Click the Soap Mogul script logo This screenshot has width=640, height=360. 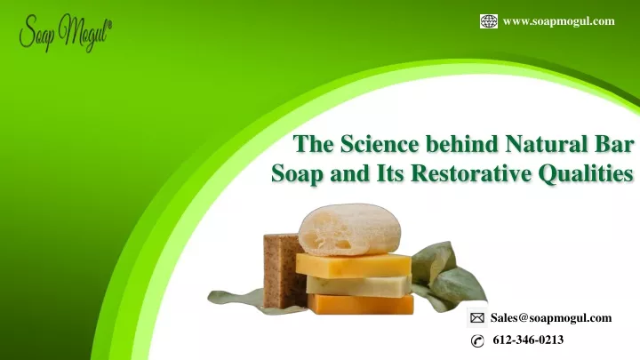(65, 33)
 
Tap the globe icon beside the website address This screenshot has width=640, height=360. (489, 21)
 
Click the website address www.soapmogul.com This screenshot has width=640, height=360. (559, 21)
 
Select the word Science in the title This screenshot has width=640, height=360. (380, 144)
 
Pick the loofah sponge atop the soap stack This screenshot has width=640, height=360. (349, 229)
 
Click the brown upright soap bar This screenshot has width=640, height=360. (283, 270)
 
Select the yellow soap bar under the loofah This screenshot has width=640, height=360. (354, 265)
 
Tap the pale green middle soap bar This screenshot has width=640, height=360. (359, 285)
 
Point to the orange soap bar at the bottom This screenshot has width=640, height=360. (361, 304)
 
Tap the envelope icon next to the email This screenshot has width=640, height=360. (476, 318)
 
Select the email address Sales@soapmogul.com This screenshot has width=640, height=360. (551, 318)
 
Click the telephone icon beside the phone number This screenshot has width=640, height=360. (477, 340)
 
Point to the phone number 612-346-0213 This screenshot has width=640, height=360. (528, 340)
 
